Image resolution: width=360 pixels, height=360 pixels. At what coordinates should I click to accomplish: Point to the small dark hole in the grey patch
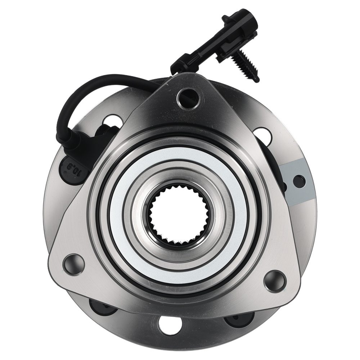pos(300,178)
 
